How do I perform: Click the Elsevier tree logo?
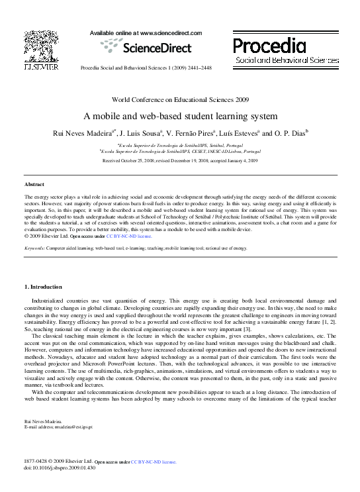click(x=41, y=46)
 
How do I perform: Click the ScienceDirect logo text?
click(x=146, y=46)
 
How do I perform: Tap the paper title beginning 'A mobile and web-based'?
click(x=180, y=115)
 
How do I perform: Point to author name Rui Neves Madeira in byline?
click(x=83, y=133)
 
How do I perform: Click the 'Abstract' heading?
click(x=34, y=184)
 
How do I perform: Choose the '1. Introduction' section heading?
click(x=43, y=287)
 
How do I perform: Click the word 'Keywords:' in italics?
click(x=34, y=248)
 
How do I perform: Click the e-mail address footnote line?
click(x=58, y=427)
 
